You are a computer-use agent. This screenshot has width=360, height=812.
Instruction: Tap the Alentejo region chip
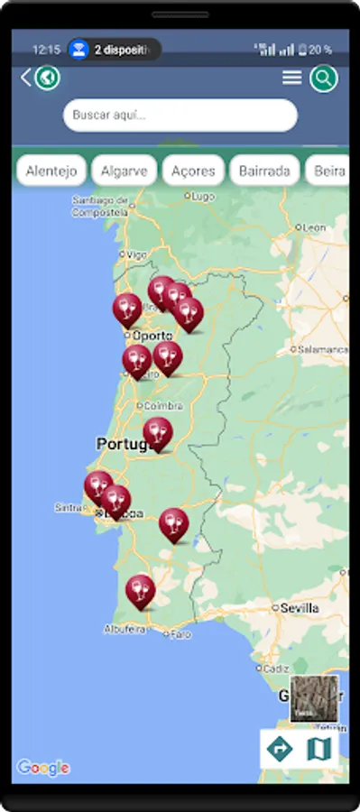[51, 171]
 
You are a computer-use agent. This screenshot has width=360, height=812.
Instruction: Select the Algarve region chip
[125, 171]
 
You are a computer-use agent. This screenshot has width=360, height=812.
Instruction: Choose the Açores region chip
[193, 171]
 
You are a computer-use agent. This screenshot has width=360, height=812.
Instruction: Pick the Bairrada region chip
[264, 171]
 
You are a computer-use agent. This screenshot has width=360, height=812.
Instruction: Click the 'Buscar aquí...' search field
[180, 115]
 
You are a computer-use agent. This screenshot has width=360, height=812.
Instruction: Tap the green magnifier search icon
[323, 78]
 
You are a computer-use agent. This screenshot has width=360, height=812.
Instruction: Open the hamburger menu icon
[291, 78]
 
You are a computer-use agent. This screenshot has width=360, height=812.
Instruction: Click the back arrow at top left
[25, 78]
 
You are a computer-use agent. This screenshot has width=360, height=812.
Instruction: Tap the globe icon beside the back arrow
[47, 78]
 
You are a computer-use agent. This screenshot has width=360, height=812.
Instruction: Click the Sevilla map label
[300, 608]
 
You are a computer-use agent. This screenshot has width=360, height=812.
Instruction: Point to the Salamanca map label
[323, 349]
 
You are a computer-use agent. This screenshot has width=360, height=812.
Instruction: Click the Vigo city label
[136, 255]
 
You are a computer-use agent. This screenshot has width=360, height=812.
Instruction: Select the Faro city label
[181, 634]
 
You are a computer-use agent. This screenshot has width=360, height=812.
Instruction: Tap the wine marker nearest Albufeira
[140, 592]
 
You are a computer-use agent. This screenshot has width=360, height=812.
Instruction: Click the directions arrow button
[279, 748]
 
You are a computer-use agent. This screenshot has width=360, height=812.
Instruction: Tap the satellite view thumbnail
[314, 697]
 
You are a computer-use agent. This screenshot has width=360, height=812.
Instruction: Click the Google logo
[42, 768]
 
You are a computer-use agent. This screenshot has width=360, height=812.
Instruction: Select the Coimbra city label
[163, 406]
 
